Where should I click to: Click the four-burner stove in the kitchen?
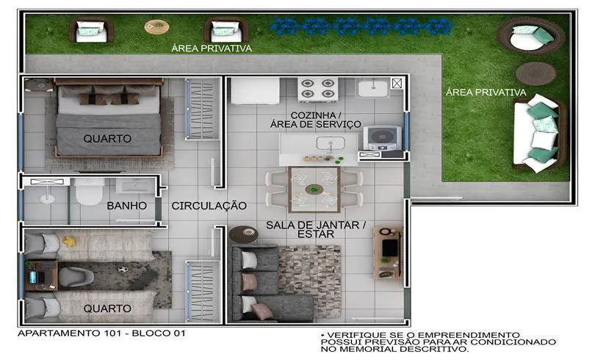pos(318,89)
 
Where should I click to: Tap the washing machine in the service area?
pos(383,138)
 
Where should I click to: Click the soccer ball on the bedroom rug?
pos(122,270)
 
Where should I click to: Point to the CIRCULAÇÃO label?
pos(209,206)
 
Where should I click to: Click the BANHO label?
pos(127,206)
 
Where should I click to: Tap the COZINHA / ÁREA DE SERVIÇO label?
pos(315,120)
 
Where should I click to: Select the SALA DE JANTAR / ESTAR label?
pos(316,229)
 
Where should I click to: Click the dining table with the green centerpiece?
pos(314,190)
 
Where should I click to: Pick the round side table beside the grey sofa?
pos(244,234)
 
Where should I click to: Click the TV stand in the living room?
pos(388,253)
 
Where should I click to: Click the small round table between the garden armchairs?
pos(156,26)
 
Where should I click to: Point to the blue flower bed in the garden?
pos(362,26)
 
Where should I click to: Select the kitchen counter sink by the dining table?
pos(331,143)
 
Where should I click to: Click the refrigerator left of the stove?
pos(256,90)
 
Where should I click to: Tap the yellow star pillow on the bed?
pos(69,241)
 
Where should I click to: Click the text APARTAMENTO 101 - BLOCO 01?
pos(101,333)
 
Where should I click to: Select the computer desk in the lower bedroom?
pos(41,276)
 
